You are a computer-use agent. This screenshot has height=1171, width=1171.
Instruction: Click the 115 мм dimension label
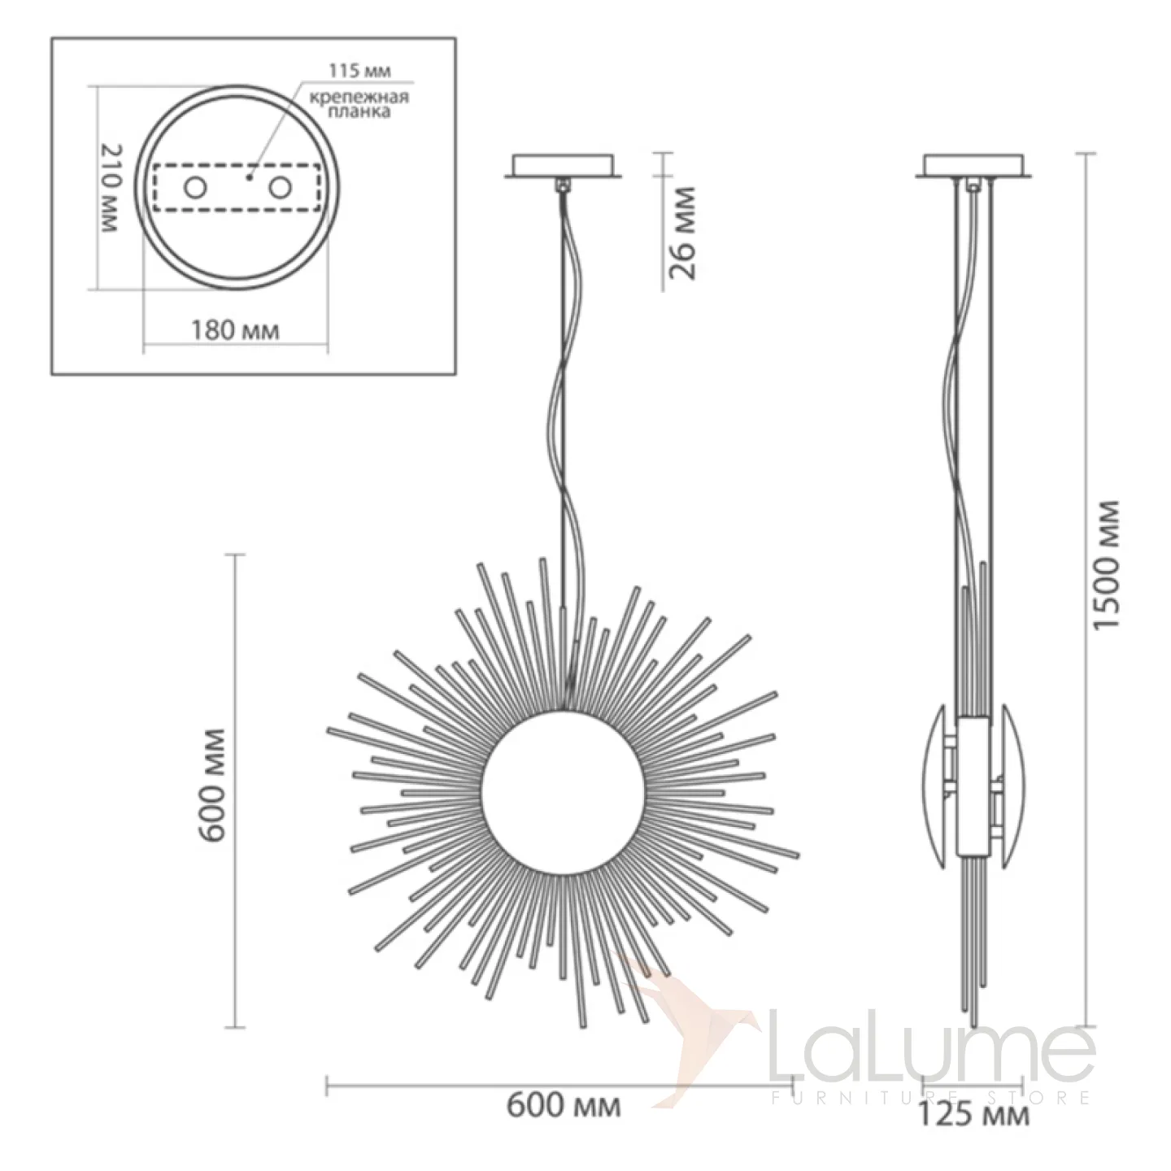tap(360, 71)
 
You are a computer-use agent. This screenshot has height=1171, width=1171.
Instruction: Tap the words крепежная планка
tap(359, 104)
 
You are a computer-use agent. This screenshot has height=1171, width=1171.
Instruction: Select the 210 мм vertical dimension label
tap(110, 189)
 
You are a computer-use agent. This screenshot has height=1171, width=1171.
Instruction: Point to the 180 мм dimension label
tap(236, 331)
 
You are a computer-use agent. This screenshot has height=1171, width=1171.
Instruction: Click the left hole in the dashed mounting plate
tap(195, 189)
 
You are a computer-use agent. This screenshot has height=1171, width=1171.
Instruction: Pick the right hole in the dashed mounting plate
tap(280, 189)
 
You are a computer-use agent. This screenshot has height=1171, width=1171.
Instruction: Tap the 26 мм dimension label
tap(681, 233)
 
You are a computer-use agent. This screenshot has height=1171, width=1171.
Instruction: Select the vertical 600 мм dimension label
tap(213, 785)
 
